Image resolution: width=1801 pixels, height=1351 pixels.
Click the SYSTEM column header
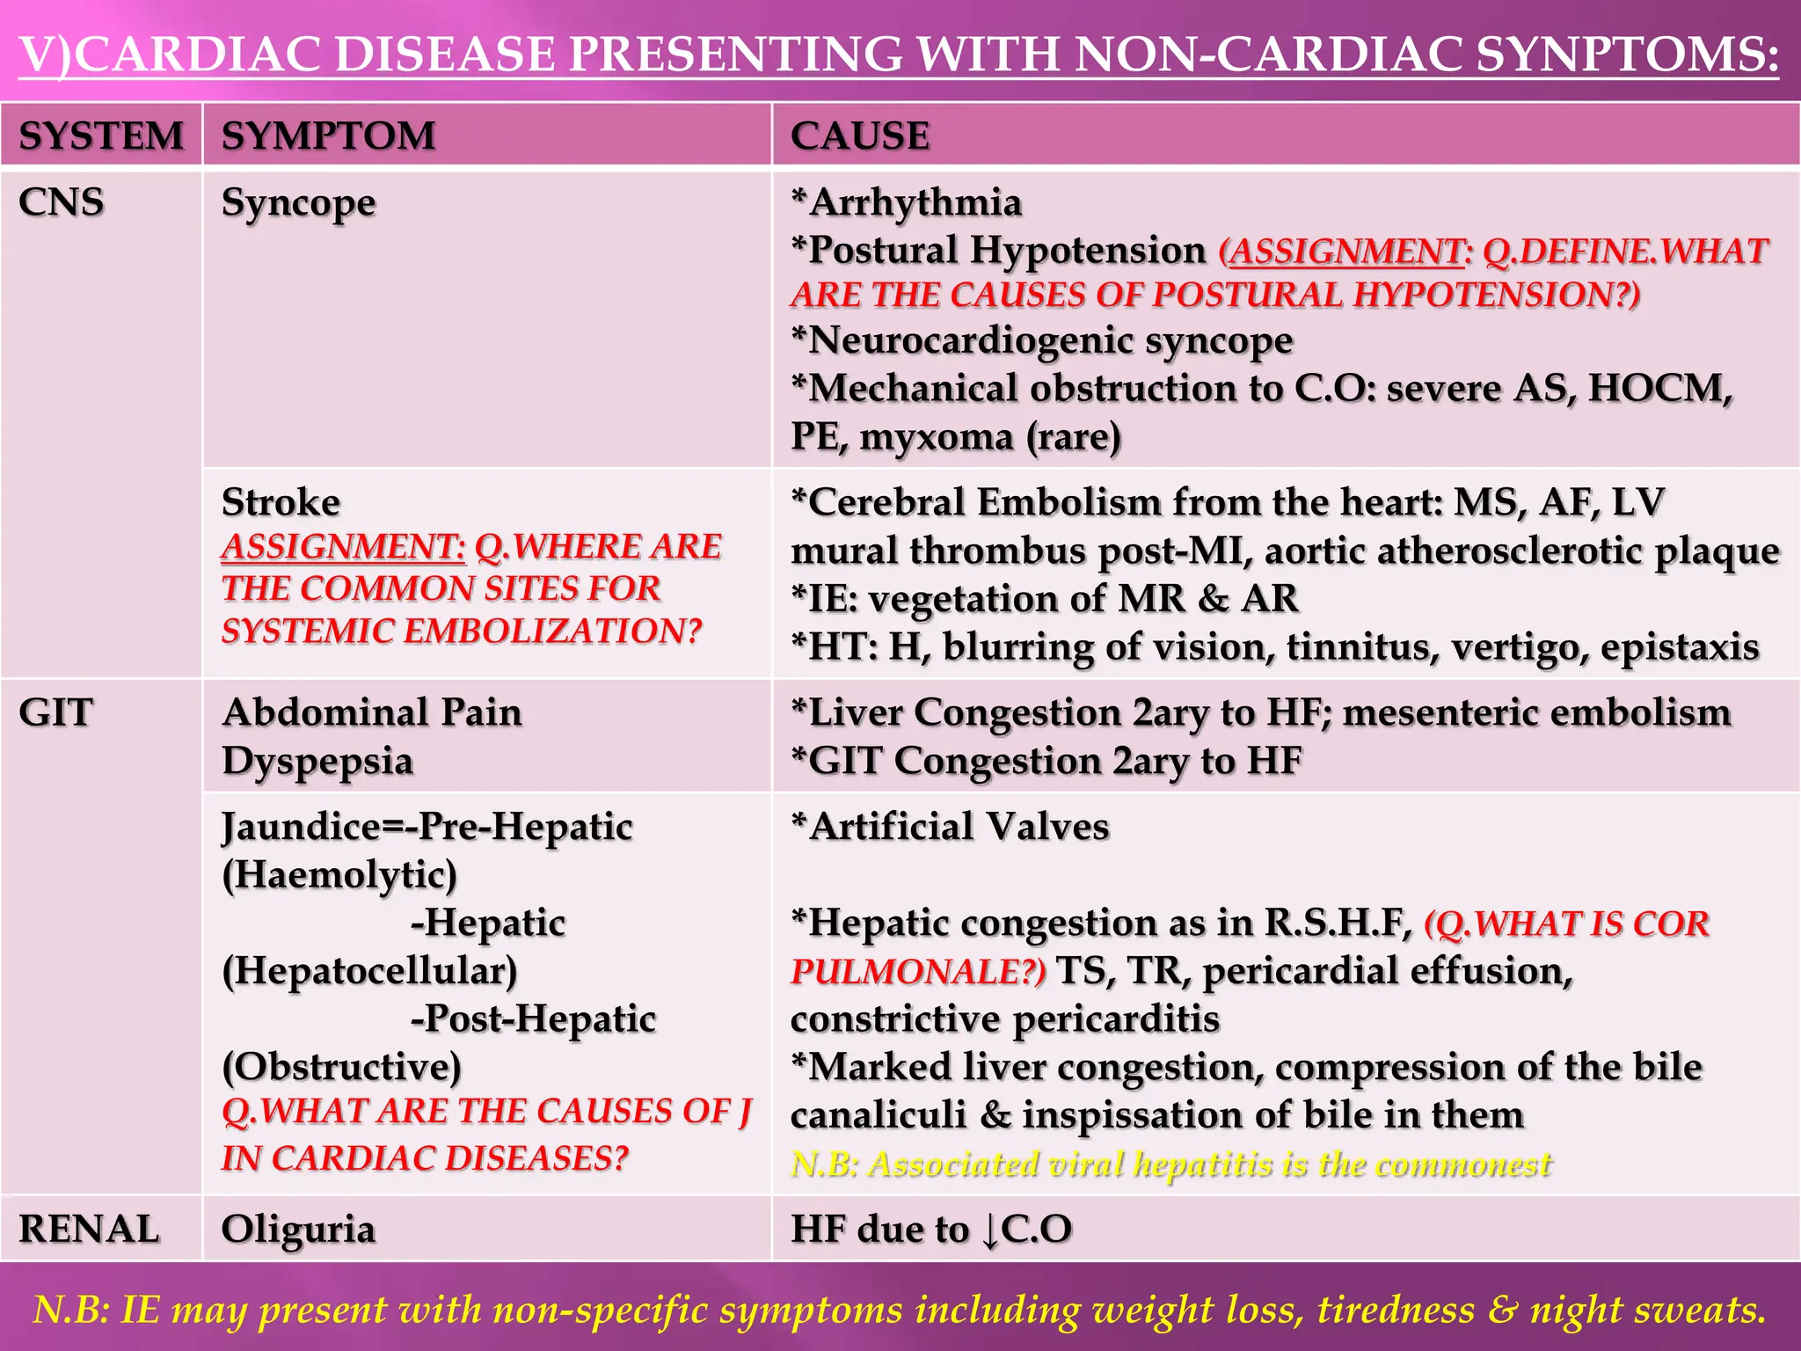click(101, 135)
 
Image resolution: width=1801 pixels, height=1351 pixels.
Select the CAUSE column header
click(859, 135)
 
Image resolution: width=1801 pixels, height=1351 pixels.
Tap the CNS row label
click(61, 202)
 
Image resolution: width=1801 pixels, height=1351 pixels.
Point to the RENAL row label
click(89, 1229)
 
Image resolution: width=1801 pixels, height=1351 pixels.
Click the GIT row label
click(55, 712)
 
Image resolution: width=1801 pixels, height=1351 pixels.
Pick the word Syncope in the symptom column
click(298, 204)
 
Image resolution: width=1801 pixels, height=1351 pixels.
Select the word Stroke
click(281, 502)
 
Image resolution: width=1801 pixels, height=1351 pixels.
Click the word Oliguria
click(298, 1230)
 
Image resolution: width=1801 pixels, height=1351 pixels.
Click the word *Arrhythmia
click(906, 202)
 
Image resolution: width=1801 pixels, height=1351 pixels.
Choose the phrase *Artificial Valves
click(950, 827)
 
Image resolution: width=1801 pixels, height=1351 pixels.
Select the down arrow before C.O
click(990, 1230)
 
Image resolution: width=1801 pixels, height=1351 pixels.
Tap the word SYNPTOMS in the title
click(1627, 55)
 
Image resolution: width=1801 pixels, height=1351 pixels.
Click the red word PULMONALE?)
click(918, 971)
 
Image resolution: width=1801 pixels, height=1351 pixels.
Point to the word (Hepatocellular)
click(369, 971)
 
